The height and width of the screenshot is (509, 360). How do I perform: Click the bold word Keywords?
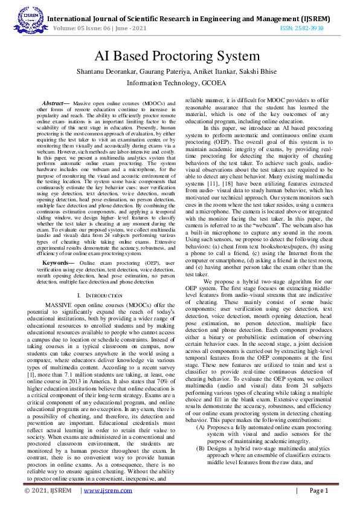click(x=59, y=264)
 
